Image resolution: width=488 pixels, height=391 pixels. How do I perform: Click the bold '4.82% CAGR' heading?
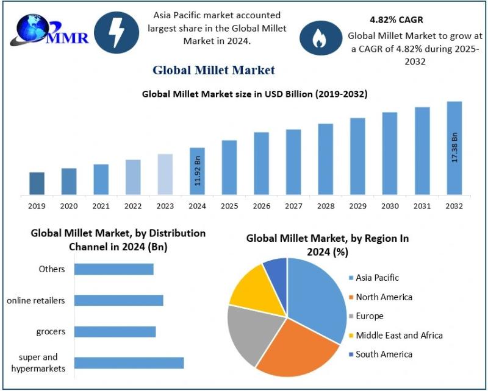point(396,20)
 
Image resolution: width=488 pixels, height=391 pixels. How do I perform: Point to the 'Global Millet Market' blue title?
point(213,70)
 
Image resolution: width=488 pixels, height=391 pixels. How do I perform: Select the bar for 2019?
point(37,183)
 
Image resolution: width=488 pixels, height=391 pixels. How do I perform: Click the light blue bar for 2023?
point(165,174)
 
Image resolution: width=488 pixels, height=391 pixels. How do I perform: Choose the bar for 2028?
point(325,159)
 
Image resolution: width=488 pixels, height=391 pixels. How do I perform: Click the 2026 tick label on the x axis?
point(261,206)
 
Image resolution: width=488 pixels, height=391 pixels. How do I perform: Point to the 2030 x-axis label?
point(389,206)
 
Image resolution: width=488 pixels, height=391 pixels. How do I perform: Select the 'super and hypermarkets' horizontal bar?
point(129,363)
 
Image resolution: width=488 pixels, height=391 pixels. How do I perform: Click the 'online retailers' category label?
point(37,300)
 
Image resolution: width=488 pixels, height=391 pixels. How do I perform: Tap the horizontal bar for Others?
point(113,269)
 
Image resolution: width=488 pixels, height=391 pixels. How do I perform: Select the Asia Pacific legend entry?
point(376,278)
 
